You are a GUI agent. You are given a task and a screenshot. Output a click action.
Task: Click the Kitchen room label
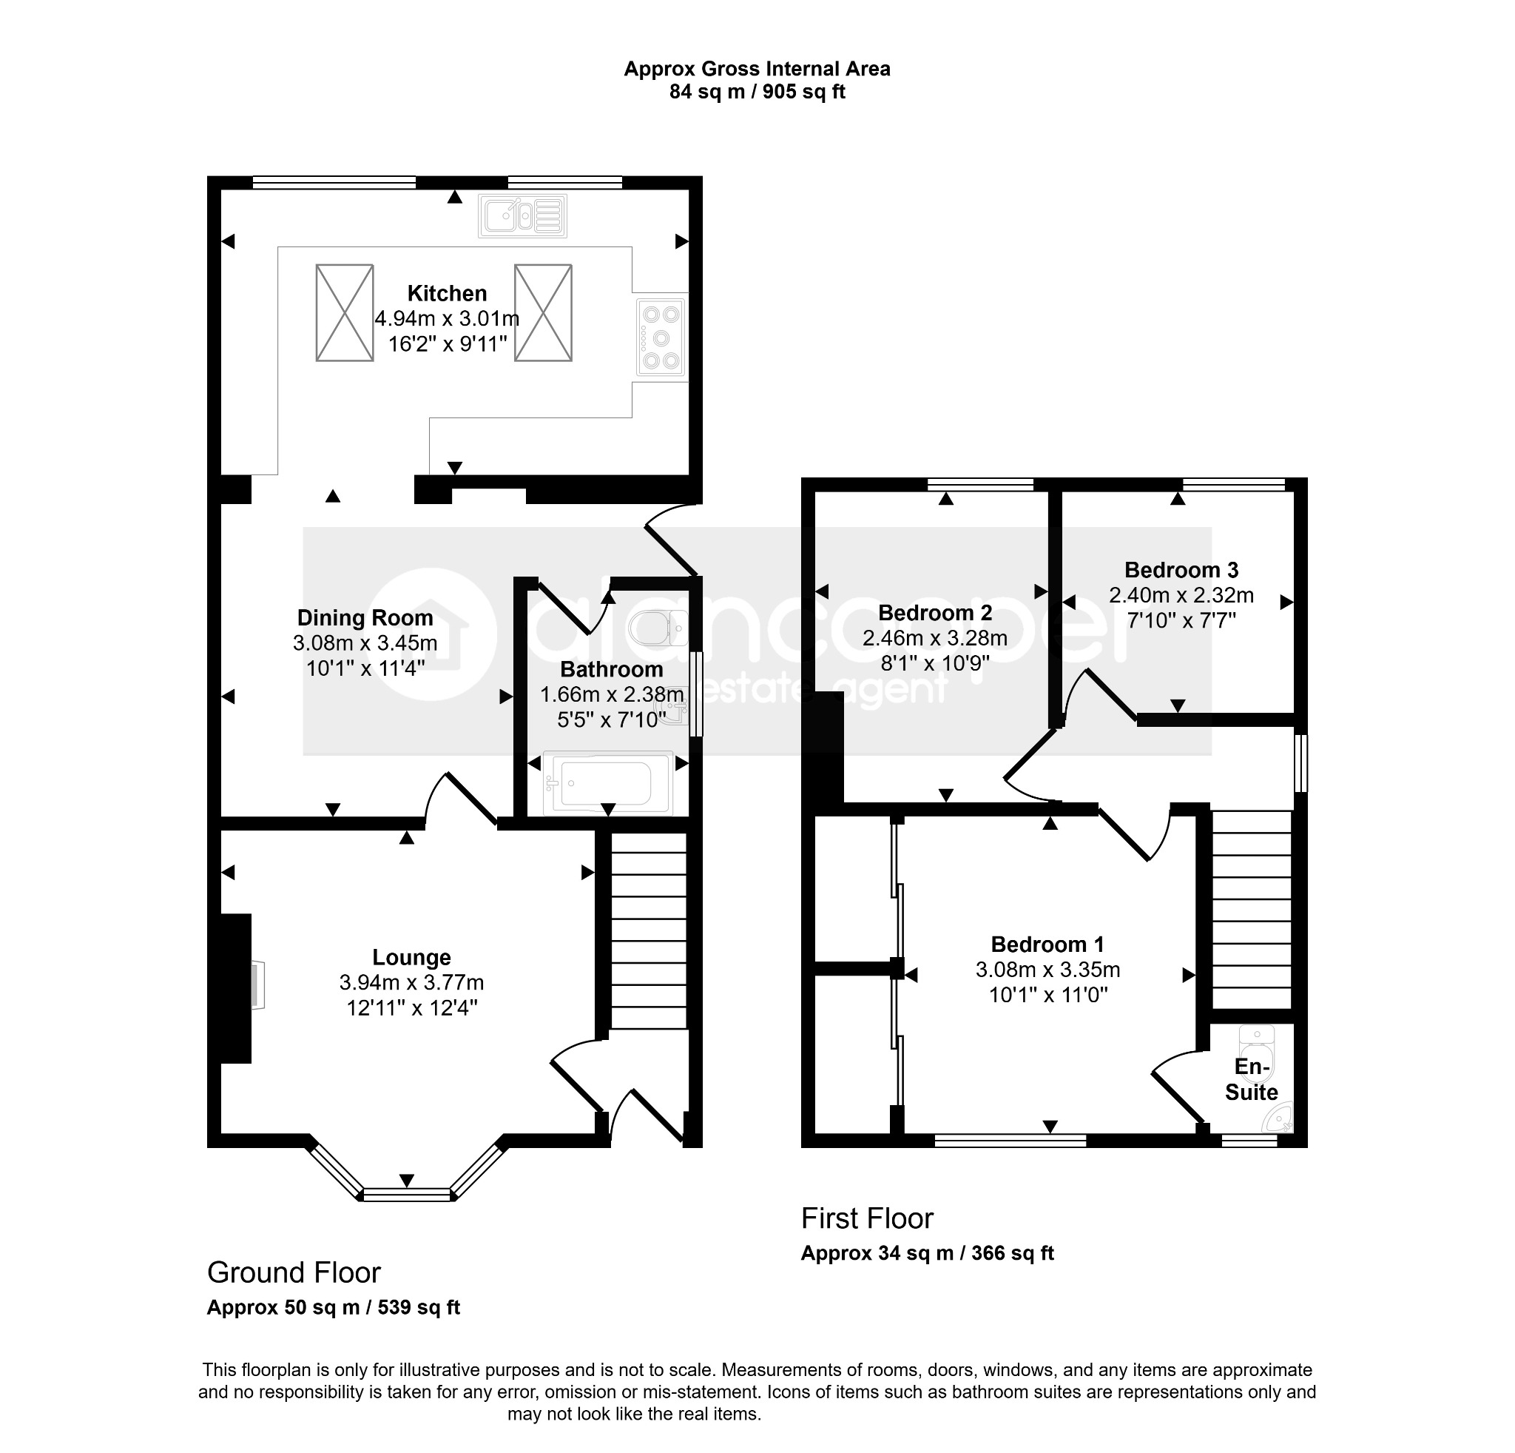(447, 294)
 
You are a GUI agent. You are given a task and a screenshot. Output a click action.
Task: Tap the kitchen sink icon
(522, 215)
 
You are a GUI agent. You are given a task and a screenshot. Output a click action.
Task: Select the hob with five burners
(661, 337)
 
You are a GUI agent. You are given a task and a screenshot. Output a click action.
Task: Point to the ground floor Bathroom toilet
(658, 628)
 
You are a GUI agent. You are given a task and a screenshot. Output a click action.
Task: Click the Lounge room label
(411, 957)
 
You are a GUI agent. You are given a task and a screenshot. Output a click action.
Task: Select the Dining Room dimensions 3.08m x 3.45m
(365, 642)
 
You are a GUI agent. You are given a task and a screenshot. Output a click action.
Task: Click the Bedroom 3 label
(1181, 570)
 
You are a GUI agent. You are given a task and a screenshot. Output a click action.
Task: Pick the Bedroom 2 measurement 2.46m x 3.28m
(934, 638)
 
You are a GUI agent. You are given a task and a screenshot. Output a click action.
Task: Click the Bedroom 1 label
(1047, 944)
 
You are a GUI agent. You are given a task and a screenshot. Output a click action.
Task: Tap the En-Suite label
(1252, 1079)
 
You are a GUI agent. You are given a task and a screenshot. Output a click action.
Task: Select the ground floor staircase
(649, 930)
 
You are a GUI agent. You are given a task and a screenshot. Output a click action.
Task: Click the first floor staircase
(1252, 910)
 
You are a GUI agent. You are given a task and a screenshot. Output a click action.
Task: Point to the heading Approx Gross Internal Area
(757, 69)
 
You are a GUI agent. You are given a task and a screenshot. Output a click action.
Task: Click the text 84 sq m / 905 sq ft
(757, 92)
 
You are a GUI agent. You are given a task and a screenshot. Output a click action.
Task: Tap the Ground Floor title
(294, 1272)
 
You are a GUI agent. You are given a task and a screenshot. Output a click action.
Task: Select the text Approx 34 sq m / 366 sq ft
(927, 1252)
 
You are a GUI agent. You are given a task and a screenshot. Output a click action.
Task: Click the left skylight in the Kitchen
(345, 312)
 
